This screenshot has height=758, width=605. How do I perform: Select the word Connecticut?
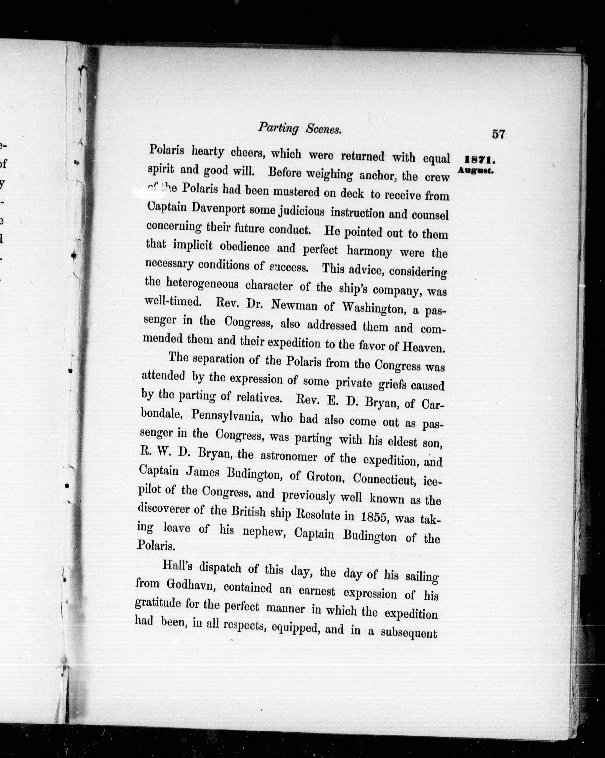click(385, 479)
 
